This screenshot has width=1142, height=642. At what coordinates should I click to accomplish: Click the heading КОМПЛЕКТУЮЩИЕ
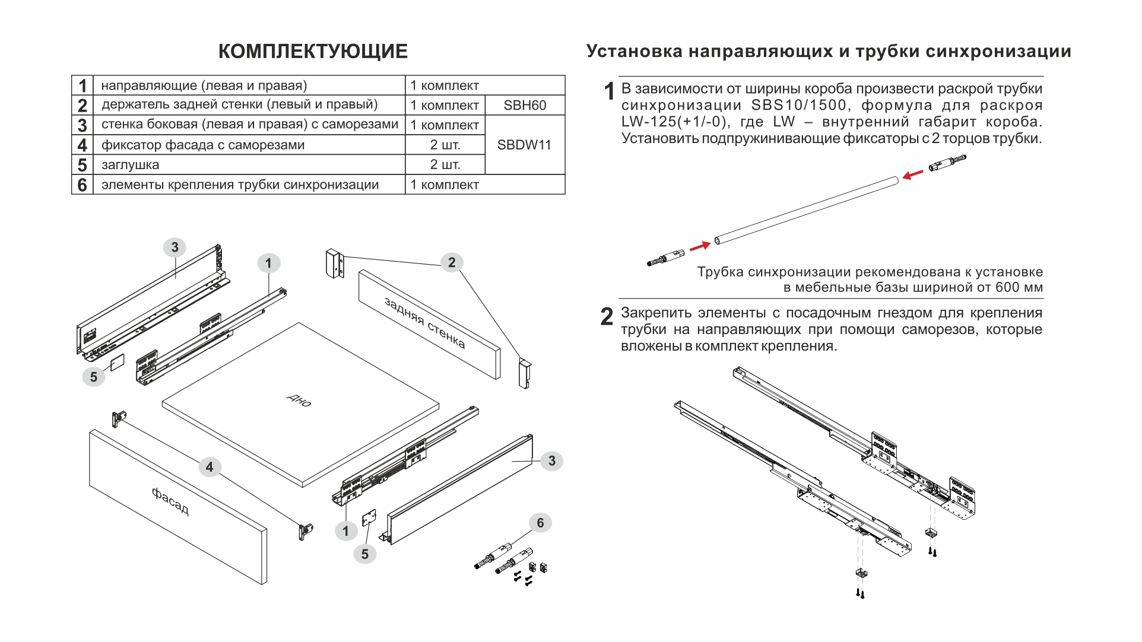tap(313, 52)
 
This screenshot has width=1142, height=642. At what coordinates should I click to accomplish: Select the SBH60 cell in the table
tap(525, 106)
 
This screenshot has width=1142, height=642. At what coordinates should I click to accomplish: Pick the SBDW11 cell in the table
tap(524, 145)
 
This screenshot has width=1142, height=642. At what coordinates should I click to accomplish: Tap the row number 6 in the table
tap(82, 185)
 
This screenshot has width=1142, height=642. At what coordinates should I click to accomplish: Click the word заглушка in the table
tap(130, 165)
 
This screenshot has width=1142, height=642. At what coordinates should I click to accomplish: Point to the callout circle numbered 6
tap(540, 523)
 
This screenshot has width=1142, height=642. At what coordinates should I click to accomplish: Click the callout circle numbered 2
tap(452, 262)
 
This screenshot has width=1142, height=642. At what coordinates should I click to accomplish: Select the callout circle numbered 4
tap(209, 467)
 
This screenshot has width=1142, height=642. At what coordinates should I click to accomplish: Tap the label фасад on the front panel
tap(170, 501)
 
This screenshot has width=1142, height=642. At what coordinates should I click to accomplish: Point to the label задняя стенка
tap(425, 323)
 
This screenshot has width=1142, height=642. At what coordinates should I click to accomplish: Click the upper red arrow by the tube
tap(913, 174)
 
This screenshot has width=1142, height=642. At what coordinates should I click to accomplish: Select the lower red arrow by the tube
tap(700, 246)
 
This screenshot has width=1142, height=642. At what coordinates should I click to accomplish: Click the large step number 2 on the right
tap(607, 317)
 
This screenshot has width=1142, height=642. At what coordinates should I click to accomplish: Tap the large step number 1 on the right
tap(609, 92)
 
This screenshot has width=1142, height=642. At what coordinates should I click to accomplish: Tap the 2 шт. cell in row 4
tap(445, 145)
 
